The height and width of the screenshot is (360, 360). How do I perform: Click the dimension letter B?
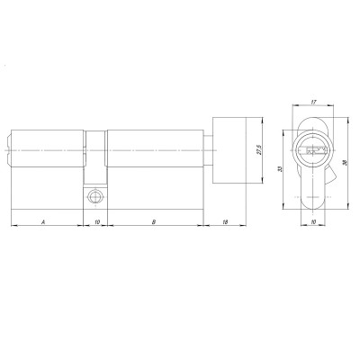click(x=154, y=219)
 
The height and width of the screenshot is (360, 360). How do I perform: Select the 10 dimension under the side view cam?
click(x=97, y=219)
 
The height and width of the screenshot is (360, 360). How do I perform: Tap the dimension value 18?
click(x=223, y=219)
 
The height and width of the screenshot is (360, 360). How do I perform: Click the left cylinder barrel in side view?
click(x=49, y=149)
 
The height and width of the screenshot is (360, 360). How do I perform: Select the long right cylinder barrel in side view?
click(x=155, y=149)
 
